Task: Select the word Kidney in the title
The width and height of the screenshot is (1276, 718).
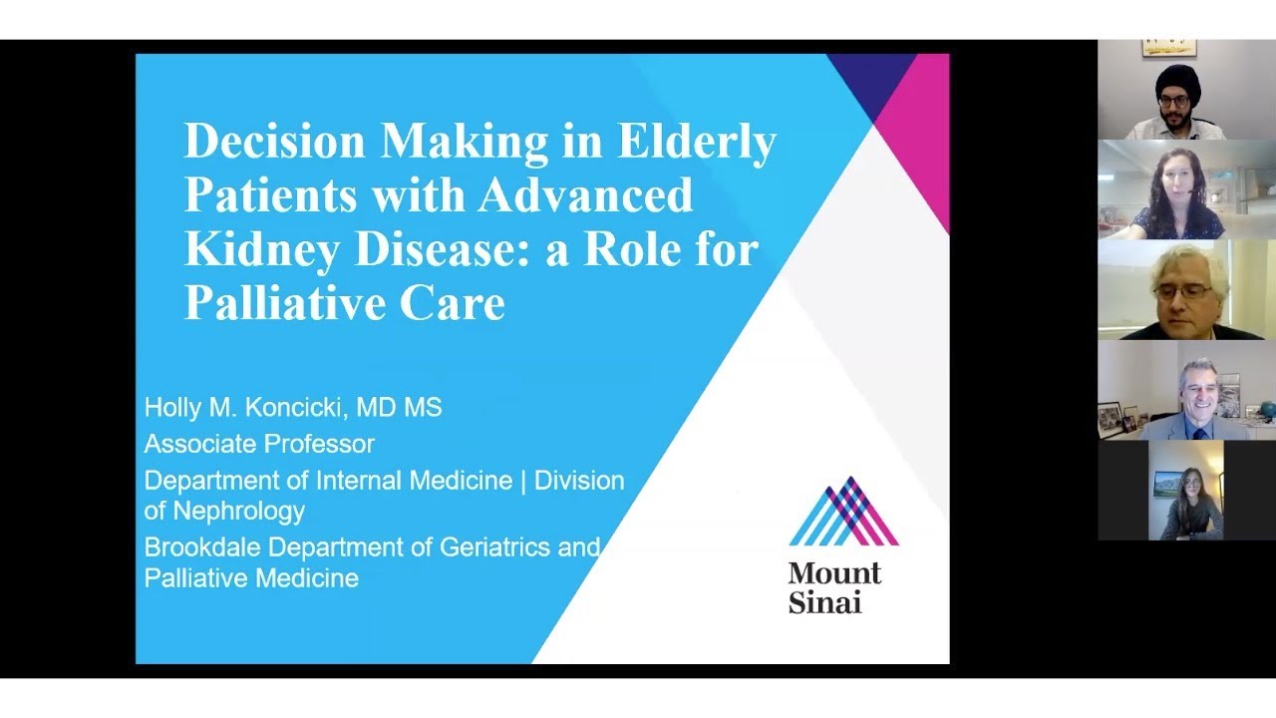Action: click(x=261, y=249)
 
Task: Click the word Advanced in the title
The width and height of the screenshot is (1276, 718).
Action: click(x=584, y=195)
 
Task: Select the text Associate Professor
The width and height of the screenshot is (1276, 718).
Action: click(x=259, y=444)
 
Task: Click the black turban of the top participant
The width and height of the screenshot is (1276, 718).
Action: click(x=1177, y=79)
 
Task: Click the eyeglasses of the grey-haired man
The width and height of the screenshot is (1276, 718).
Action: click(x=1183, y=291)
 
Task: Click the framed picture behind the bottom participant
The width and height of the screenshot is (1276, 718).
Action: click(x=1165, y=483)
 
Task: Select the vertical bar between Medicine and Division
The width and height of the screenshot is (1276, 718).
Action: click(x=523, y=481)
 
